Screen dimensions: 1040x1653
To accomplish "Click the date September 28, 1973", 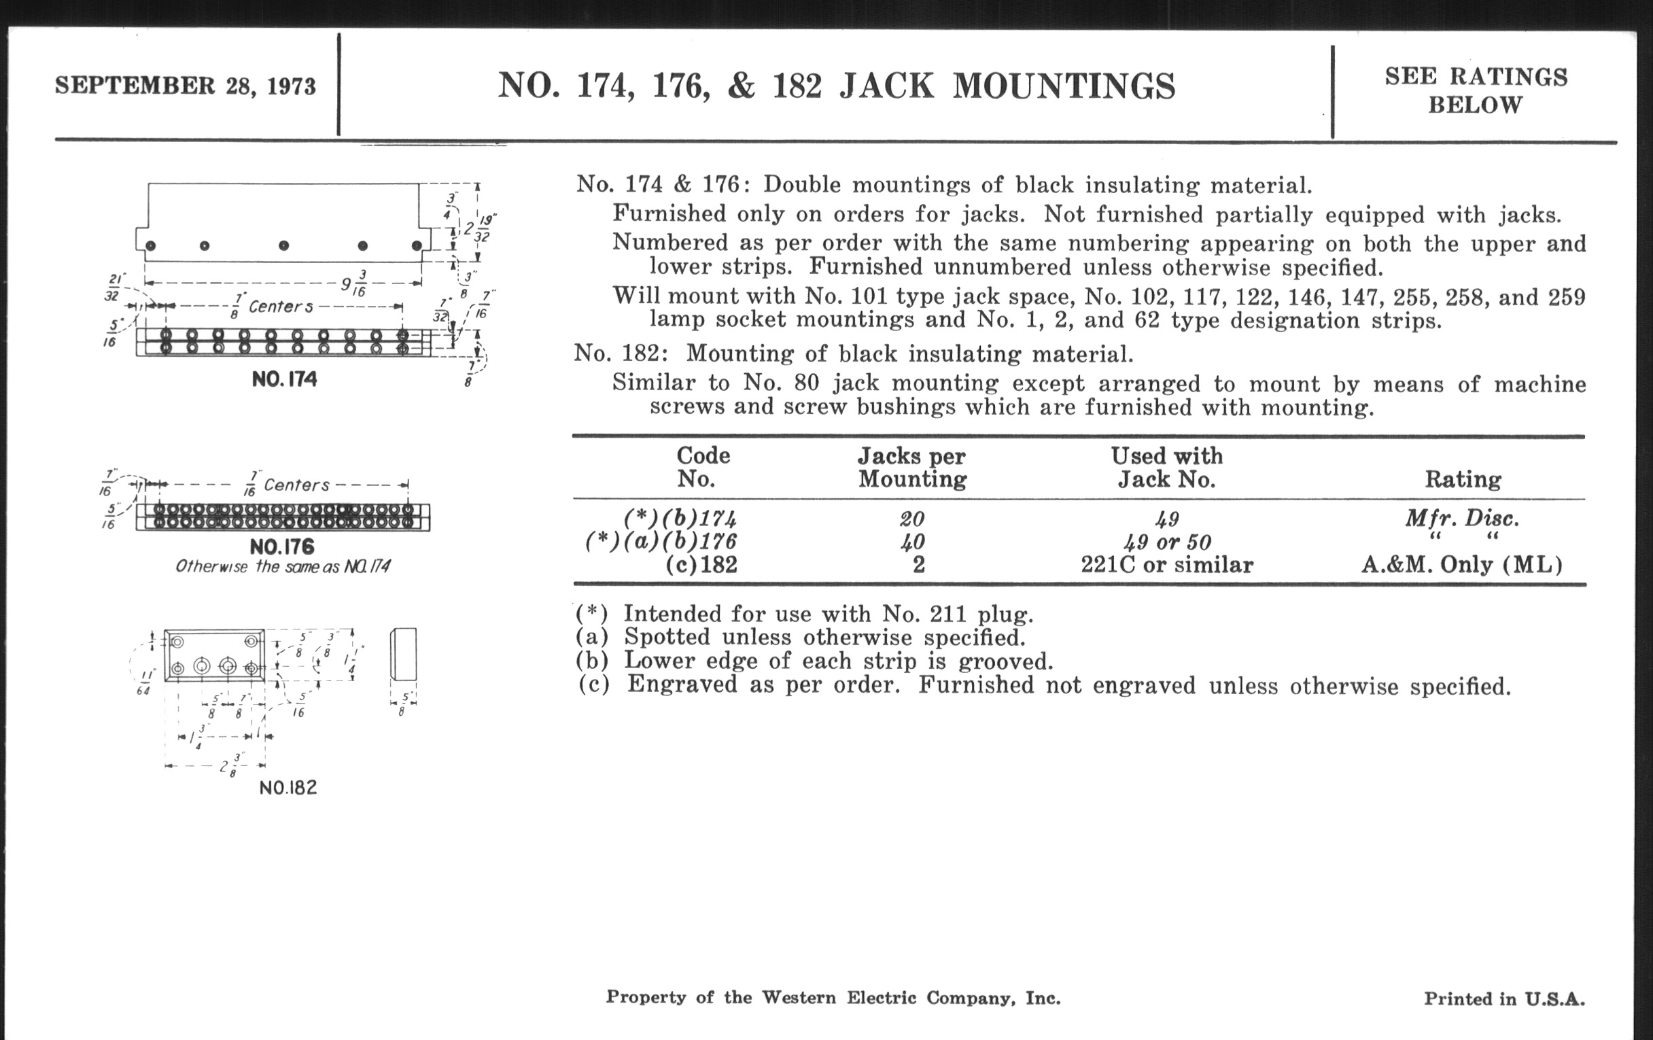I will [186, 86].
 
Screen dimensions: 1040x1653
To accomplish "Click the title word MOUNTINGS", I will [1064, 87].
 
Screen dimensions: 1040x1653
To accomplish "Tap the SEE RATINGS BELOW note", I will [1476, 90].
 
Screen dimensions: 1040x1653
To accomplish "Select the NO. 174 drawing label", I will [284, 379].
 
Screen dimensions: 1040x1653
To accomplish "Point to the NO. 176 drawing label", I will [282, 547].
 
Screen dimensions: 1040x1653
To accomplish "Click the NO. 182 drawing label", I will [288, 787].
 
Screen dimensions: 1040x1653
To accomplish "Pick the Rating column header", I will [1463, 479].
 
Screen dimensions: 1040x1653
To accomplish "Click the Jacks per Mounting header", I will [912, 467].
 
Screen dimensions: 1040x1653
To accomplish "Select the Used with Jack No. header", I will [1167, 467].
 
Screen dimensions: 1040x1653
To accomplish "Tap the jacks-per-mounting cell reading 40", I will [912, 542].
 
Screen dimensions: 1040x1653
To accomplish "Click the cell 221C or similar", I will [1167, 565].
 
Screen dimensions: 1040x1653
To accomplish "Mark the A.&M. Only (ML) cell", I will [1462, 565].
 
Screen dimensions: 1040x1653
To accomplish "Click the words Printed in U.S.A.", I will [1504, 999].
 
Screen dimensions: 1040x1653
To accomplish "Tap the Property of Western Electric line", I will [833, 997].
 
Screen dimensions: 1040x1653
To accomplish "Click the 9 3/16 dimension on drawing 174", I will [354, 283].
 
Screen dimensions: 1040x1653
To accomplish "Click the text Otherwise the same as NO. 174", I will [283, 567].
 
